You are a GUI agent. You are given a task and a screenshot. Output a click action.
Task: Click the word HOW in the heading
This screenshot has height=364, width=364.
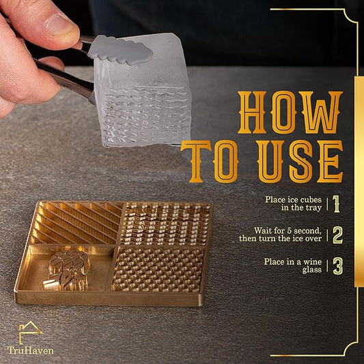pyautogui.click(x=290, y=113)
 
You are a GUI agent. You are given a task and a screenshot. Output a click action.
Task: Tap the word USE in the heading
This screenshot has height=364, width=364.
pyautogui.click(x=300, y=162)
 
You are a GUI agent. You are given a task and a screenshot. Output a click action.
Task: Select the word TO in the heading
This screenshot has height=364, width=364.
pyautogui.click(x=210, y=162)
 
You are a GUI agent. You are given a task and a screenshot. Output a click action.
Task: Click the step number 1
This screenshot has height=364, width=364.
pyautogui.click(x=337, y=204)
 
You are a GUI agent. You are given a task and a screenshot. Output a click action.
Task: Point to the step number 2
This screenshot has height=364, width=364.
pyautogui.click(x=338, y=235)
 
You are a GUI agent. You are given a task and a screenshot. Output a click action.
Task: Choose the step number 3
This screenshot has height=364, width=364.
pyautogui.click(x=338, y=266)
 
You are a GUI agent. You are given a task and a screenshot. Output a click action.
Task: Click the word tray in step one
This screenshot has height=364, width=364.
pyautogui.click(x=313, y=208)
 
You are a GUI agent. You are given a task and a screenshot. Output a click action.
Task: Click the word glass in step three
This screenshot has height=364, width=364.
pyautogui.click(x=312, y=270)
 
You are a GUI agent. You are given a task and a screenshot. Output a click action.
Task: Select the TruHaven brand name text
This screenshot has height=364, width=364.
pyautogui.click(x=31, y=350)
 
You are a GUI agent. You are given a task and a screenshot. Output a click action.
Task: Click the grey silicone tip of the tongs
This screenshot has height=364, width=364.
pyautogui.click(x=120, y=50)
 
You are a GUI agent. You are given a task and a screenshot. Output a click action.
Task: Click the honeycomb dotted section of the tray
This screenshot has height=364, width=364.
pyautogui.click(x=158, y=269)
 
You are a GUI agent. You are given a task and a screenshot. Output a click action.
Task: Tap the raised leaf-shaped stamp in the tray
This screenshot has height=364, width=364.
pyautogui.click(x=68, y=270)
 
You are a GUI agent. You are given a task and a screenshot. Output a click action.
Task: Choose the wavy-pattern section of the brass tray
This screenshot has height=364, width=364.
pyautogui.click(x=165, y=223)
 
